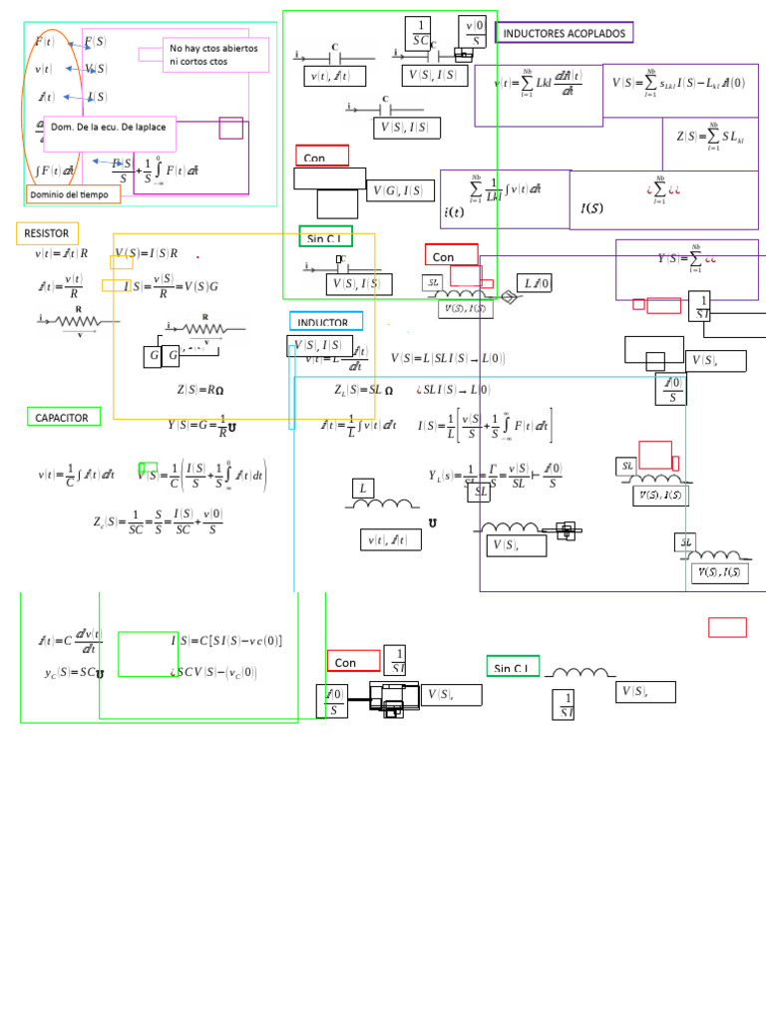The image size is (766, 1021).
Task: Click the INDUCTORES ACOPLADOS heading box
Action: pos(565,33)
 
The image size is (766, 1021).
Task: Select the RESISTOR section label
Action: pos(47,233)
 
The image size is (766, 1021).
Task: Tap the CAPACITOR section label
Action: pos(63,417)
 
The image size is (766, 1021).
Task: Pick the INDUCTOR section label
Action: pos(325,323)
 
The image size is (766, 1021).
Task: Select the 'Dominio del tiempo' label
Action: pos(74,194)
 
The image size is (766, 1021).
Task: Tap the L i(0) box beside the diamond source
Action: pos(537,283)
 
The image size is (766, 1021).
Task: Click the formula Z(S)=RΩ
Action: pos(200,390)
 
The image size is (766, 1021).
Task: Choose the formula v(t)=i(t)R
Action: pos(62,253)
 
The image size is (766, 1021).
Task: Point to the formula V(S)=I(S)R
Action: pos(146,253)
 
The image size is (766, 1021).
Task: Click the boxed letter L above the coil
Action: pos(363,489)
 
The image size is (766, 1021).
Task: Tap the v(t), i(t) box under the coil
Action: pos(390,539)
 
